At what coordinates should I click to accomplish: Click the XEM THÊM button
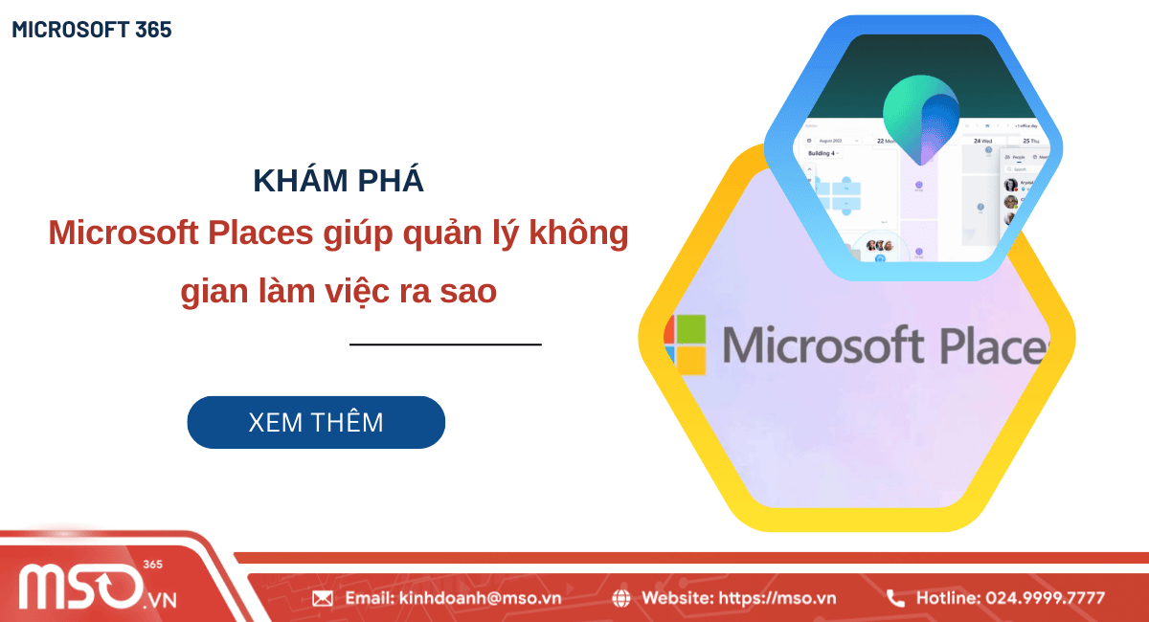click(316, 422)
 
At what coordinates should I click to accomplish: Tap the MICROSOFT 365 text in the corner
click(92, 30)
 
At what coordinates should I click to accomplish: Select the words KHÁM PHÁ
click(339, 181)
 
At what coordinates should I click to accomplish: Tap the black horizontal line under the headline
click(445, 344)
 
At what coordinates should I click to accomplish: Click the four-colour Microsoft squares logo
click(686, 344)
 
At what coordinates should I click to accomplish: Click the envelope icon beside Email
click(323, 598)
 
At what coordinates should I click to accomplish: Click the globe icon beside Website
click(621, 598)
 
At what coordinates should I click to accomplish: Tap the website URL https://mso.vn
click(777, 598)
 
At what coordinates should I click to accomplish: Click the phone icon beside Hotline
click(895, 598)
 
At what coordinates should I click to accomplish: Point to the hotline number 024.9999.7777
click(1040, 598)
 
